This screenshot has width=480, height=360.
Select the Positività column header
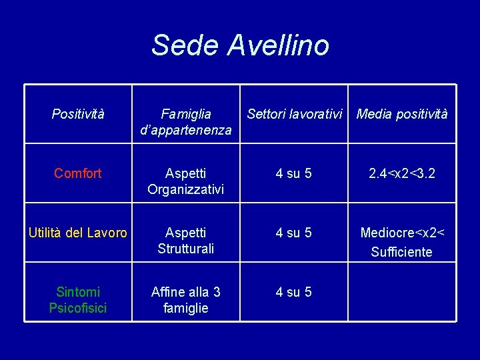(x=78, y=115)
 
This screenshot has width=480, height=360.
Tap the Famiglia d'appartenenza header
(x=185, y=122)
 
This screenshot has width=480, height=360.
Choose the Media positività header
(x=402, y=115)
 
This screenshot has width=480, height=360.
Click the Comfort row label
(x=78, y=174)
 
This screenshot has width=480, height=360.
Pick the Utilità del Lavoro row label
(x=77, y=233)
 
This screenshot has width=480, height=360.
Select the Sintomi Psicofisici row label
(x=78, y=300)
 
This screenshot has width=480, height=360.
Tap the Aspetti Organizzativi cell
(x=185, y=181)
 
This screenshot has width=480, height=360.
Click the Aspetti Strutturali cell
(x=185, y=241)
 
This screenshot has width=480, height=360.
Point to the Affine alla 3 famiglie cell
(x=185, y=300)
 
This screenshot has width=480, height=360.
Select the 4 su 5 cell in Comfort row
(x=294, y=174)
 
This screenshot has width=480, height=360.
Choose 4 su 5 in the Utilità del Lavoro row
(x=294, y=233)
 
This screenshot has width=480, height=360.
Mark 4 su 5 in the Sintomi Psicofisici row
(x=294, y=293)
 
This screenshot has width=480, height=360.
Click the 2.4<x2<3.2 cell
(x=402, y=174)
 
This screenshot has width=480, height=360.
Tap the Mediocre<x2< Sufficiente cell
(x=402, y=242)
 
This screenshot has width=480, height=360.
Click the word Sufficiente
(x=402, y=252)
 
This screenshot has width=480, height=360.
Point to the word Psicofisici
(x=78, y=308)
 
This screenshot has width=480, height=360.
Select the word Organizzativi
(x=185, y=189)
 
